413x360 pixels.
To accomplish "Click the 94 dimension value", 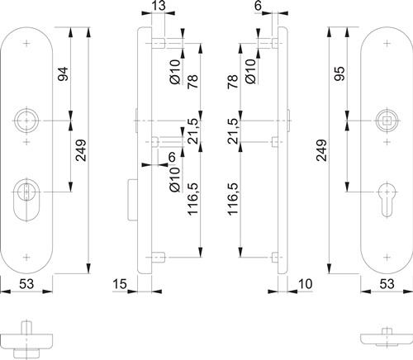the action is [63, 73].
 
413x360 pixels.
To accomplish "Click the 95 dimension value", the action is [340, 73].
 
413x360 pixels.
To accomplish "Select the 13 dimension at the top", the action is [159, 6].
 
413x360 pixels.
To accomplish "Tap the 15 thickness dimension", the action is [120, 284].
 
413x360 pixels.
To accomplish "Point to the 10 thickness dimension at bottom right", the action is [306, 284].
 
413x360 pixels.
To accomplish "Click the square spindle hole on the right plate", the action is [387, 121].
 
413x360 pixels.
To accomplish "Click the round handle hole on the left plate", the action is [26, 121].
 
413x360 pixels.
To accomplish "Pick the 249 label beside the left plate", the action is [81, 150].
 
